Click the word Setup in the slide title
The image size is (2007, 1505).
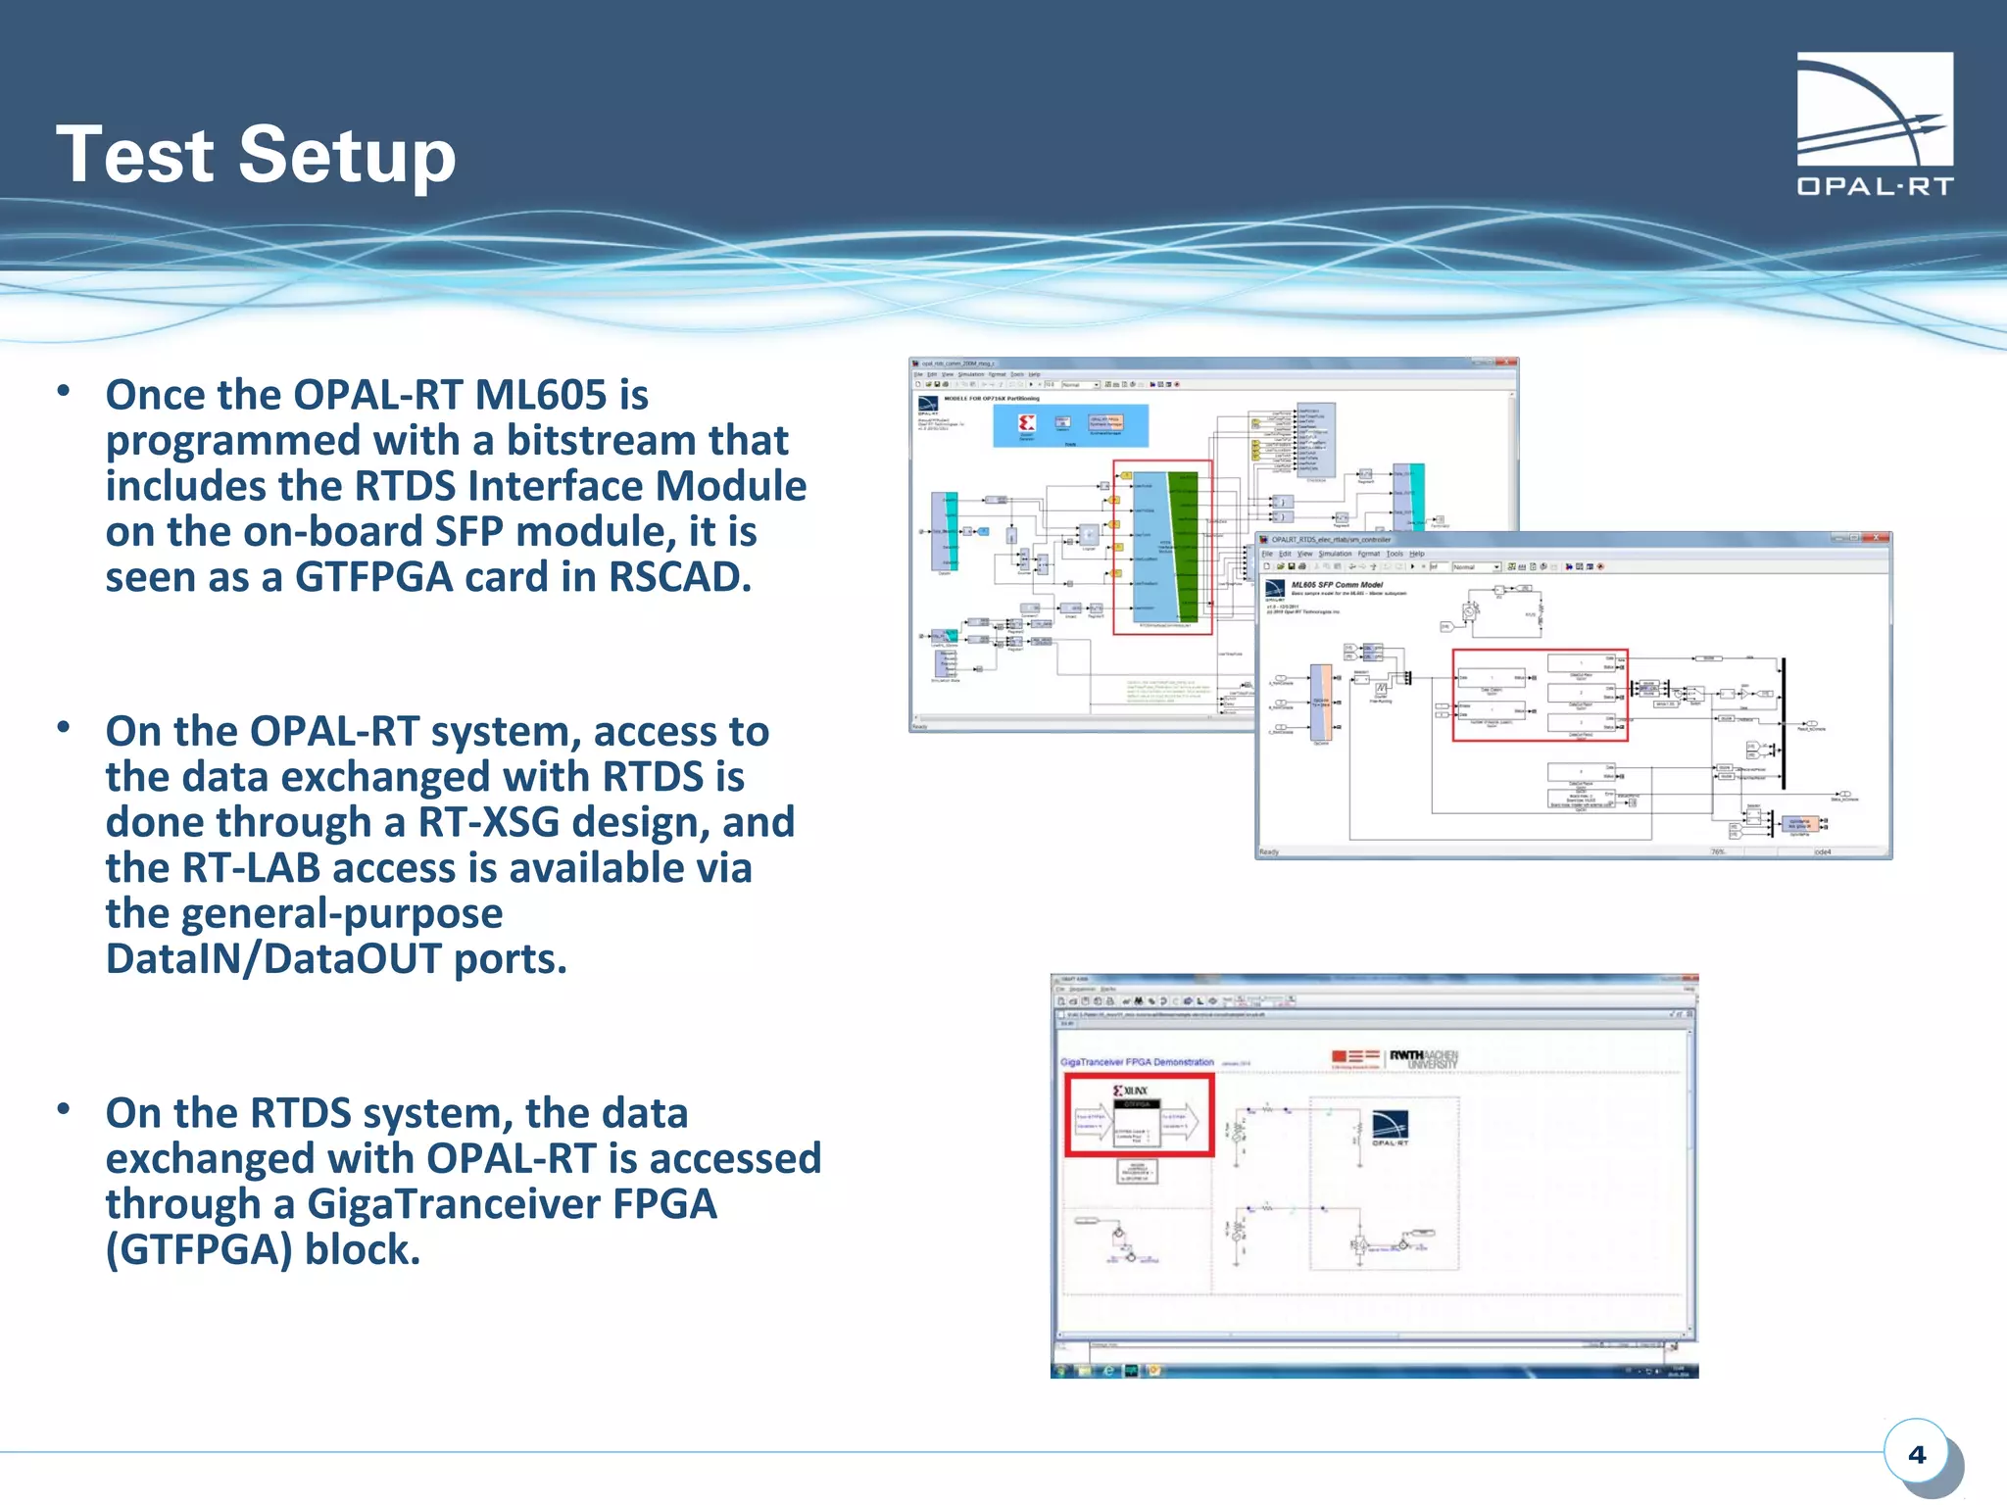[x=347, y=155]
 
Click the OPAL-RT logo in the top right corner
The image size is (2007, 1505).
[x=1874, y=122]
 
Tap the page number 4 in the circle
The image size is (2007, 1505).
[x=1916, y=1454]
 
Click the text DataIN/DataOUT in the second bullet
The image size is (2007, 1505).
[x=273, y=958]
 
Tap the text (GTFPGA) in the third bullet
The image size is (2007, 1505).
[x=198, y=1249]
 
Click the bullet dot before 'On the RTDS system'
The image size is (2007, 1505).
[x=64, y=1109]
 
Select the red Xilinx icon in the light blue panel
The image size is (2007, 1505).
[x=1026, y=423]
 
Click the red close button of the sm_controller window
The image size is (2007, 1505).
[x=1877, y=538]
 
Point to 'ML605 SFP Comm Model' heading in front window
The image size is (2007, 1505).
[x=1337, y=585]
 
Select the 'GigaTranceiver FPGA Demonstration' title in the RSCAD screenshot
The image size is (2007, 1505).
[x=1137, y=1062]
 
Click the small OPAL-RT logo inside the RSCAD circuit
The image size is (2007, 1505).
[x=1390, y=1127]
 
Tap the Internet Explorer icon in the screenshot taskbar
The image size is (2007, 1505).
[x=1108, y=1370]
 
